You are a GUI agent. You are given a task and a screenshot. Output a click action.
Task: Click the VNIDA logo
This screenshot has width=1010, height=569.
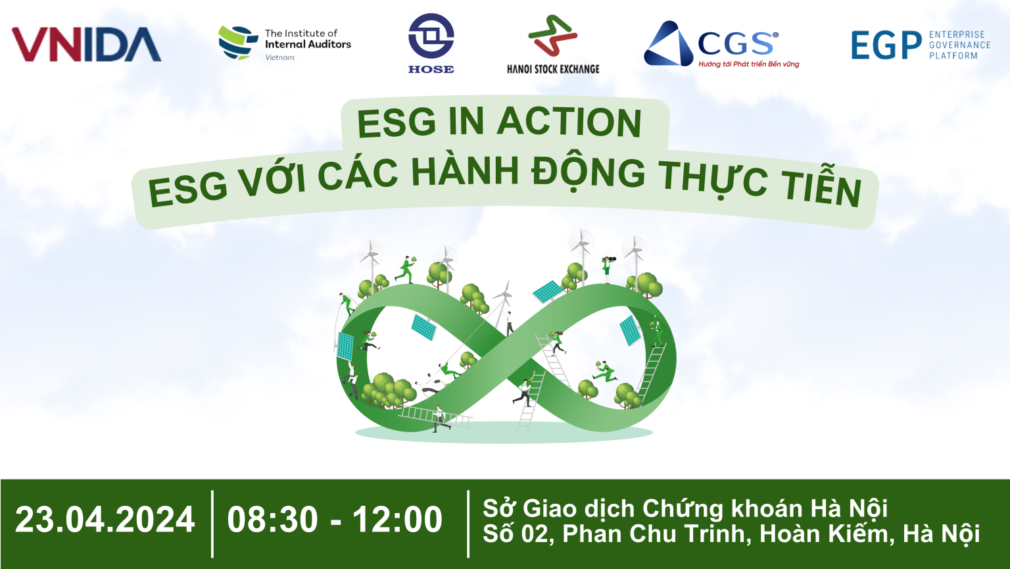(86, 45)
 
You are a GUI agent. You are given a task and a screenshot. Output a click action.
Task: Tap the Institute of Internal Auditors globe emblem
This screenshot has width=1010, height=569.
(237, 43)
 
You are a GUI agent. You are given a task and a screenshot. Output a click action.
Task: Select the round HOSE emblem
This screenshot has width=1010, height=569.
(431, 36)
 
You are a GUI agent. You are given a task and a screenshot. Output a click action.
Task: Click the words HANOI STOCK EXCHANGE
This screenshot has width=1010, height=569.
(553, 68)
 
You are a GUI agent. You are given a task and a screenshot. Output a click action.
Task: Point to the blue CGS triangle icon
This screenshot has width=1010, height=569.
(667, 45)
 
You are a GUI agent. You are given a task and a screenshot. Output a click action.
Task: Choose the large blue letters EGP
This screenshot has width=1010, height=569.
(886, 45)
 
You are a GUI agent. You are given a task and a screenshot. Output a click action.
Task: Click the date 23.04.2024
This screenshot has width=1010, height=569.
(105, 520)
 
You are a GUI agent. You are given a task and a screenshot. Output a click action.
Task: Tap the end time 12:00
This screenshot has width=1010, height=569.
(397, 520)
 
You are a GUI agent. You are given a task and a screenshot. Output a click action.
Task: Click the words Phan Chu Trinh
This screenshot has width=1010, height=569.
(657, 534)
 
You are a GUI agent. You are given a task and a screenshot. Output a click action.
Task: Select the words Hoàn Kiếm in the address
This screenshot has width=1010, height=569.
(827, 534)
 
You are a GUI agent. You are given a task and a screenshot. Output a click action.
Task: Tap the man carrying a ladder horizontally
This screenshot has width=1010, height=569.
(439, 419)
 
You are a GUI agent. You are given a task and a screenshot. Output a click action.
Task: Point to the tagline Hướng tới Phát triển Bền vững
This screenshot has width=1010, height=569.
(748, 64)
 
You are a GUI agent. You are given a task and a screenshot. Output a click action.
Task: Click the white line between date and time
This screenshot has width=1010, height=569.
(212, 523)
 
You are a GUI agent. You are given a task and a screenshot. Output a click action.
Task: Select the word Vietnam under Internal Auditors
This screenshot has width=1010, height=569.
(279, 58)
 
